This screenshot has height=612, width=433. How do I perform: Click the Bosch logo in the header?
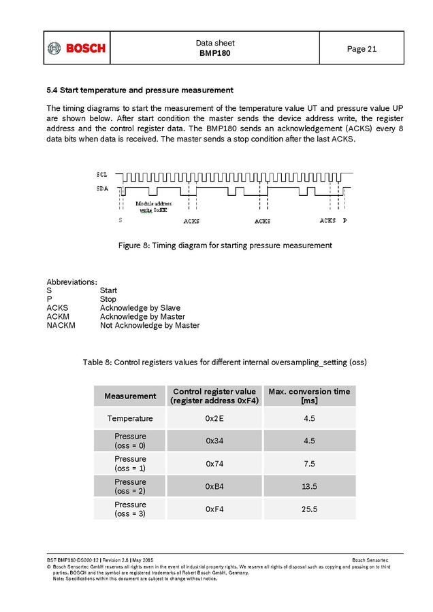[x=77, y=48]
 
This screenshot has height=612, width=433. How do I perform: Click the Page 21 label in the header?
[x=362, y=48]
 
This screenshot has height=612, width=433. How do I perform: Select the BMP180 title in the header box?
[x=214, y=53]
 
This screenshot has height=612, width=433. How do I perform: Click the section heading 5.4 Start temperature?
[x=140, y=90]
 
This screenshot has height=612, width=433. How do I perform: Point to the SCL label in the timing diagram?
[x=101, y=175]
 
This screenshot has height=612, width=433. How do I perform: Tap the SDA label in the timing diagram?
[x=101, y=188]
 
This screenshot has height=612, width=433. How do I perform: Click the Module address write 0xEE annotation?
[x=153, y=207]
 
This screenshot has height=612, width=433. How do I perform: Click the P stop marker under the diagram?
[x=344, y=221]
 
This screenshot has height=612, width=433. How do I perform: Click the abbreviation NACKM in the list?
[x=61, y=325]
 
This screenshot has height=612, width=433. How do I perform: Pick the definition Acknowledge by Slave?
[x=140, y=308]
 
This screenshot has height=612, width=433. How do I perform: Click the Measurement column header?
[x=130, y=396]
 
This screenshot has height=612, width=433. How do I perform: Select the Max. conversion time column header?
[x=309, y=396]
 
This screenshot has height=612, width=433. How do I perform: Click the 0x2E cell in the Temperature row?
[x=214, y=418]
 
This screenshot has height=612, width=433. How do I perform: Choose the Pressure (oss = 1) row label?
[x=130, y=463]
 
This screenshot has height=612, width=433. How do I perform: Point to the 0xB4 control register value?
[x=214, y=486]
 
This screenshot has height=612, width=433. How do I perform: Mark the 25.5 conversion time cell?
[x=309, y=509]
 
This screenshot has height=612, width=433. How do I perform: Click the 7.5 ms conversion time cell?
[x=309, y=463]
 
